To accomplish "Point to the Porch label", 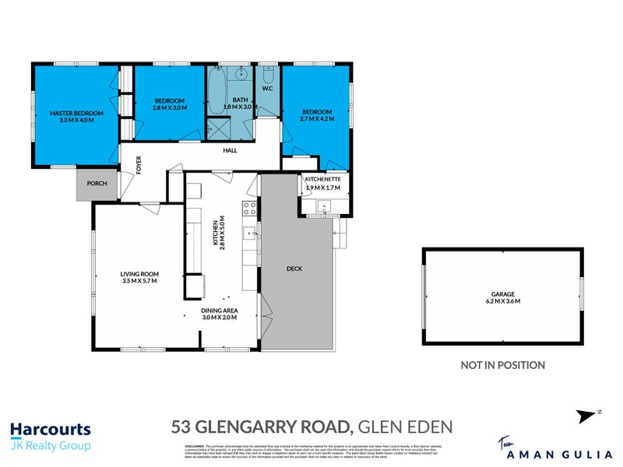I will coord(97,184).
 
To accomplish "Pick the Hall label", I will coord(231,150).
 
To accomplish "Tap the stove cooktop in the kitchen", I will coord(250,208).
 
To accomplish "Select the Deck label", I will coord(294,269).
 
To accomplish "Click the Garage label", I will coord(502,293).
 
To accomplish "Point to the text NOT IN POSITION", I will coord(502,365).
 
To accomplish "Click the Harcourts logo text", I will coord(51,429).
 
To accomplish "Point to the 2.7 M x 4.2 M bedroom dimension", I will coord(318,119).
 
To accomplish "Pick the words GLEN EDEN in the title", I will coord(406,427).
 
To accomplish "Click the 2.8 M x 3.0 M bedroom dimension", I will coord(170,108).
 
